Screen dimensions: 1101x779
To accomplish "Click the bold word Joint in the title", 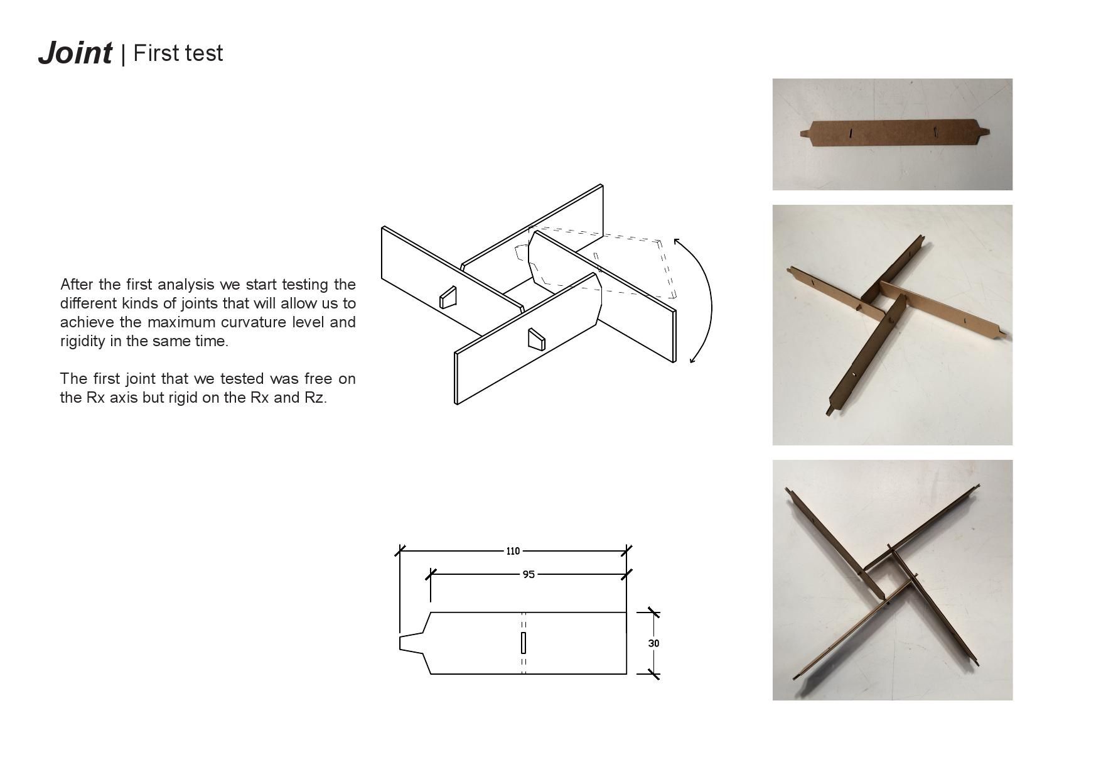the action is click(x=75, y=53).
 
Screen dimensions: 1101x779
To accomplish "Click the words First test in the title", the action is click(x=178, y=53).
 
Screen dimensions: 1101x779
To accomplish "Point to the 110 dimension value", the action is click(x=513, y=551).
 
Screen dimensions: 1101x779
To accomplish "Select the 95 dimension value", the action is click(x=529, y=574).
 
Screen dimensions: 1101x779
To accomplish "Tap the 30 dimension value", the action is click(x=653, y=643).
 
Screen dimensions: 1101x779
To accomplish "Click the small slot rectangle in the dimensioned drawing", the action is click(x=524, y=643).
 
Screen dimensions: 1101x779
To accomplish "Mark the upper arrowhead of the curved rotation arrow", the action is click(x=676, y=241).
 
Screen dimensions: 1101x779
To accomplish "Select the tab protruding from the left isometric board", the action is click(x=448, y=298).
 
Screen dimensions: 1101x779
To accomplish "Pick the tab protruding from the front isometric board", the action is click(x=536, y=340).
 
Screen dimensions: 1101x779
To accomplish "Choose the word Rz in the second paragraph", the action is click(x=314, y=398).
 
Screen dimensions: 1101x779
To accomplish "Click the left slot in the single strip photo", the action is click(x=851, y=133).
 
